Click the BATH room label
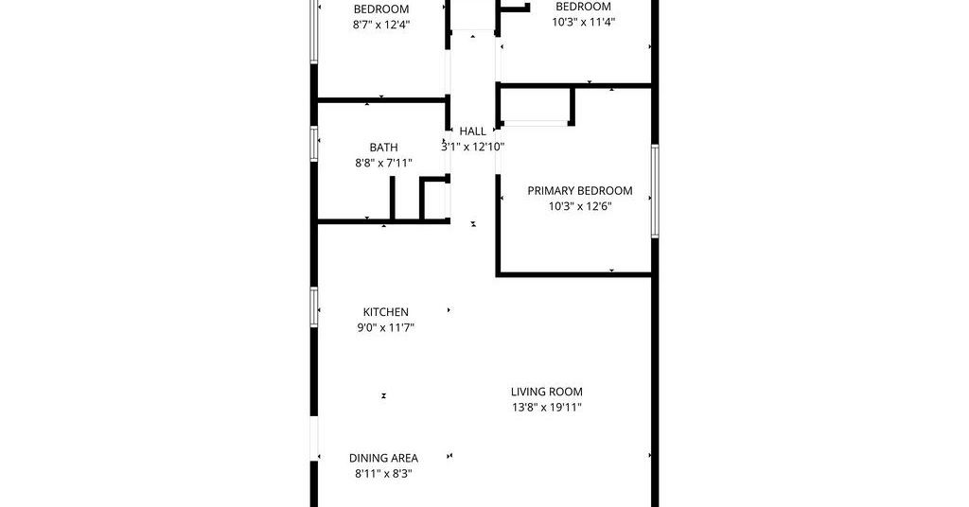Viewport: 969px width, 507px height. (x=384, y=148)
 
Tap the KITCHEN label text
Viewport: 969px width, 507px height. (x=386, y=312)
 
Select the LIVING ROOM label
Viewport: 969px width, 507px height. (x=547, y=392)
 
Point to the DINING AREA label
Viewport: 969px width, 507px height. (x=384, y=458)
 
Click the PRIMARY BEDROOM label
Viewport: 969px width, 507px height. (x=580, y=191)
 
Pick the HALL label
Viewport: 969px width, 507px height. (x=473, y=131)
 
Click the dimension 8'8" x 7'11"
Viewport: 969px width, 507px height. (x=384, y=163)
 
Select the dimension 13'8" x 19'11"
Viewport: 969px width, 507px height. (x=547, y=408)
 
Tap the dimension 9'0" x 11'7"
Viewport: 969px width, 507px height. (x=386, y=328)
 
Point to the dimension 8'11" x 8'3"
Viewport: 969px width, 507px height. (x=384, y=474)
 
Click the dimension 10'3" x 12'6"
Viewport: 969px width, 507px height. (x=580, y=206)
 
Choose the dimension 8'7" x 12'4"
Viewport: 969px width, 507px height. (x=382, y=25)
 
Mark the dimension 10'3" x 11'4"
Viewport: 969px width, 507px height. (x=583, y=23)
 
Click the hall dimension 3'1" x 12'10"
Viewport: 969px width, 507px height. (x=473, y=147)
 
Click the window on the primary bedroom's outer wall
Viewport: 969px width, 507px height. (x=655, y=191)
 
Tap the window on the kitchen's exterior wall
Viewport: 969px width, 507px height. (x=314, y=306)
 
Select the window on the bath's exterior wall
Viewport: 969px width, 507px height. (x=314, y=144)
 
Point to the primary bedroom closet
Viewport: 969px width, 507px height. (x=536, y=106)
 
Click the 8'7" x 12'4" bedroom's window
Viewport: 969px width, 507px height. (x=314, y=31)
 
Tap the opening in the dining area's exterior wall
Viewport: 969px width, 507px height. (x=314, y=439)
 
